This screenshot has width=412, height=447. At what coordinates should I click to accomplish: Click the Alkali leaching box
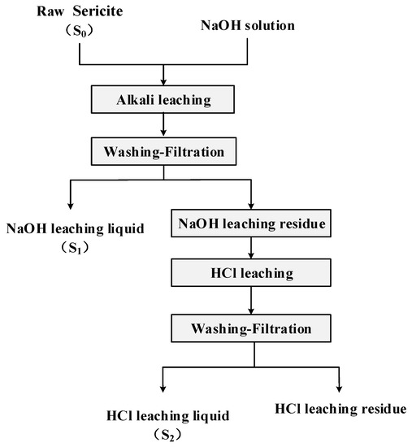164,102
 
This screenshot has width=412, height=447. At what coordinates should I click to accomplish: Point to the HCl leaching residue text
340,406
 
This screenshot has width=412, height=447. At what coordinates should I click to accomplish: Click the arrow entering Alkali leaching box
164,78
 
